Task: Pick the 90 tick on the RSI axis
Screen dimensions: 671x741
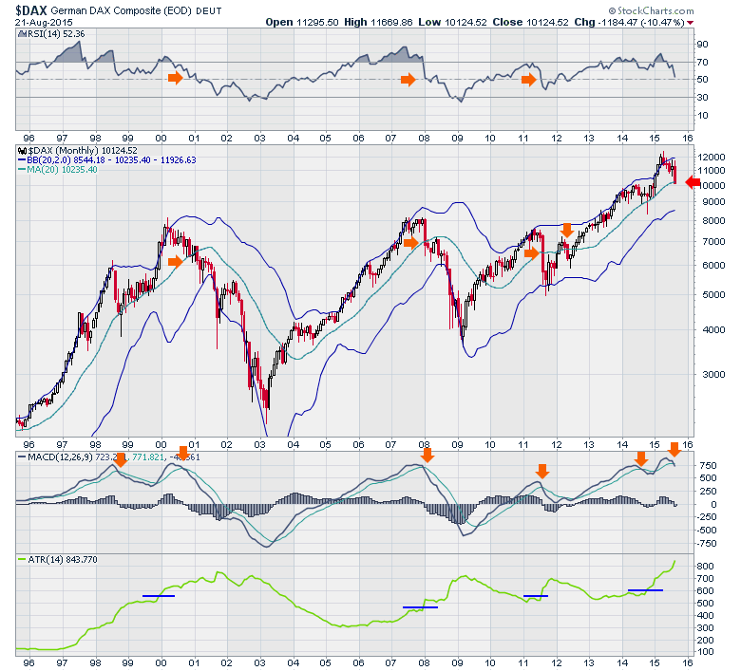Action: point(702,44)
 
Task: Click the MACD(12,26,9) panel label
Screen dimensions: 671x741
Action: point(58,457)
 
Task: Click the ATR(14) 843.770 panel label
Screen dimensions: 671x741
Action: point(58,560)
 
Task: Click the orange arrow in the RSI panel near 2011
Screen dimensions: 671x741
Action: point(529,80)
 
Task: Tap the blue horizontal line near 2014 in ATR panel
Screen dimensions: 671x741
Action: point(645,590)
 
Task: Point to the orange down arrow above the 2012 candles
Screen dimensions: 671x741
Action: point(567,230)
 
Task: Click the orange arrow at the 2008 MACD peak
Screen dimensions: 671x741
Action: point(427,456)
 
